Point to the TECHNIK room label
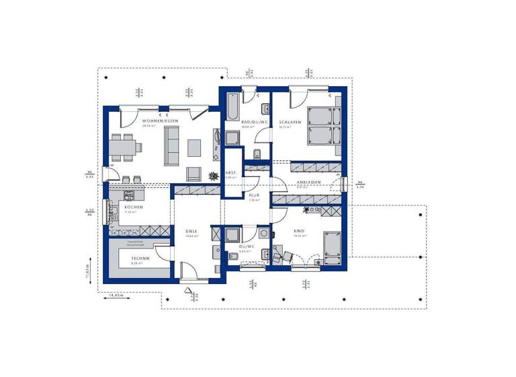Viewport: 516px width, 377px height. pos(141,258)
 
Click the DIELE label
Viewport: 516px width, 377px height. pos(191,232)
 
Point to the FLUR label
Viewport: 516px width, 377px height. pos(254,195)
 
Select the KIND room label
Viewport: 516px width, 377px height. pos(299,231)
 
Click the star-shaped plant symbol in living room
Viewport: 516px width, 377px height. pos(214,176)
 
